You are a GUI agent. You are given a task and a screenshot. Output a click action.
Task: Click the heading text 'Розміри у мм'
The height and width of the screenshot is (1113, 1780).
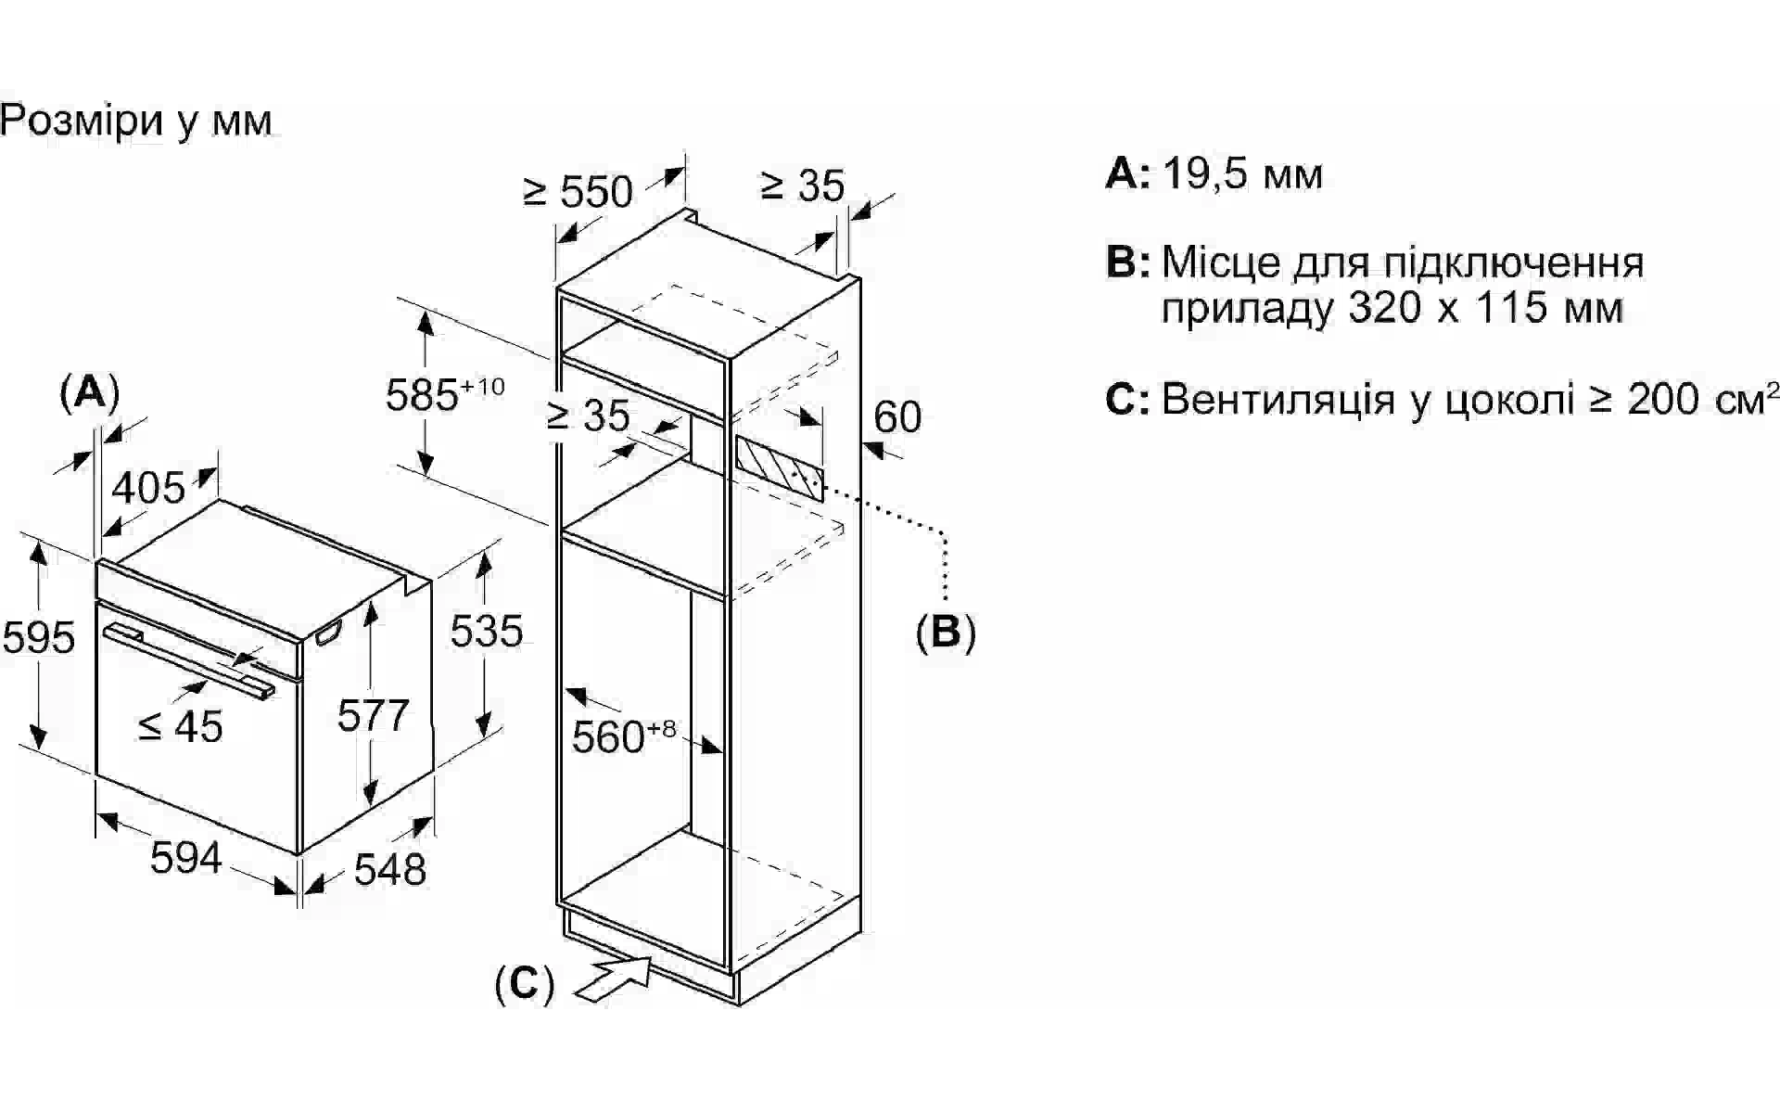pyautogui.click(x=136, y=122)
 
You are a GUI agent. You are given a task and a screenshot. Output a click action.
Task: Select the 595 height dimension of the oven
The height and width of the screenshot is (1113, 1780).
pyautogui.click(x=38, y=637)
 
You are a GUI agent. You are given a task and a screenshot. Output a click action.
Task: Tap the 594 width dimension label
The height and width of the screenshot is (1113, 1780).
pyautogui.click(x=185, y=857)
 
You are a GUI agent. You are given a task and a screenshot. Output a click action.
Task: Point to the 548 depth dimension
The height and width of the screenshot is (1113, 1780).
pyautogui.click(x=390, y=869)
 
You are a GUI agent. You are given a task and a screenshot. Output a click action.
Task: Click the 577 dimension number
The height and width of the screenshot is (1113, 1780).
pyautogui.click(x=373, y=716)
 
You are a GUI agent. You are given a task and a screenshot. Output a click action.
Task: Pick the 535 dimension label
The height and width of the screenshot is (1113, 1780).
pyautogui.click(x=487, y=631)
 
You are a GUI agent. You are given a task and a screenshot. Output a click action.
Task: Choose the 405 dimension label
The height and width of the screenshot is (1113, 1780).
pyautogui.click(x=148, y=487)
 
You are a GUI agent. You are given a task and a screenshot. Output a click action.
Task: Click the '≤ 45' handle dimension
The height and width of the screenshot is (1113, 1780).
pyautogui.click(x=181, y=726)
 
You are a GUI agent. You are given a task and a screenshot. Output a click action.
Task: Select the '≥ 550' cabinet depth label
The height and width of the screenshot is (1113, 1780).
pyautogui.click(x=578, y=191)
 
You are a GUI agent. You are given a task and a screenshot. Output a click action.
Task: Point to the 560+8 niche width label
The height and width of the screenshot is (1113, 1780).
pyautogui.click(x=624, y=736)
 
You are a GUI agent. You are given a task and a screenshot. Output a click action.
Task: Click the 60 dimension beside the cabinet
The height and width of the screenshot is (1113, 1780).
pyautogui.click(x=897, y=416)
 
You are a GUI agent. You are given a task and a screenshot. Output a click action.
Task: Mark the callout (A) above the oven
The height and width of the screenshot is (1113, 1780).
pyautogui.click(x=90, y=392)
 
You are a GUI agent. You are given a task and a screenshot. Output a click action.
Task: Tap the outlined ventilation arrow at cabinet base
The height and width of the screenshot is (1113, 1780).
pyautogui.click(x=615, y=979)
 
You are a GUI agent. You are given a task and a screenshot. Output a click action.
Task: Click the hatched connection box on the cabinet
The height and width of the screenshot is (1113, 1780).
pyautogui.click(x=780, y=468)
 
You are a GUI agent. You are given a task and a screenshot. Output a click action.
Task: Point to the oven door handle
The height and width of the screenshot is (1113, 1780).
pyautogui.click(x=189, y=660)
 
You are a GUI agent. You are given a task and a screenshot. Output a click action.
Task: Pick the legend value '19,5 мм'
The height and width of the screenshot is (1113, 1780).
pyautogui.click(x=1242, y=173)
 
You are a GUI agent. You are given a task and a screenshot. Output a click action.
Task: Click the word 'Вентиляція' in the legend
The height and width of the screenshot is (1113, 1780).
pyautogui.click(x=1278, y=399)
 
